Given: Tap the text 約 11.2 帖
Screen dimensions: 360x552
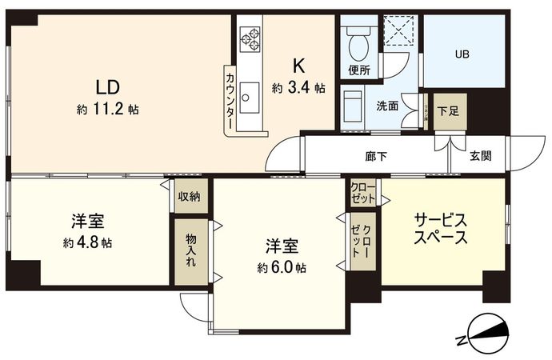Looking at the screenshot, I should click(x=108, y=110).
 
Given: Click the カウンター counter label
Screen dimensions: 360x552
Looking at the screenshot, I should click(x=230, y=102).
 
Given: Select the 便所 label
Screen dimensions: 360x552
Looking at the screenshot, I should click(x=359, y=70).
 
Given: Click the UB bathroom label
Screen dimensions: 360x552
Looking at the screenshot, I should click(x=463, y=54).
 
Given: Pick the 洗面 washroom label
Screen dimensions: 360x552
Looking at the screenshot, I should click(x=388, y=106).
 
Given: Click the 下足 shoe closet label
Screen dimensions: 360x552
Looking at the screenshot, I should click(x=452, y=112).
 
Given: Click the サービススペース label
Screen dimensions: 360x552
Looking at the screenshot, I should click(x=441, y=228).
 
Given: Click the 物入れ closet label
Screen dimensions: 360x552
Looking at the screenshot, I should click(x=190, y=250).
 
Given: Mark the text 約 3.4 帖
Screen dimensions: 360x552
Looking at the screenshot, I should click(x=298, y=88).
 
